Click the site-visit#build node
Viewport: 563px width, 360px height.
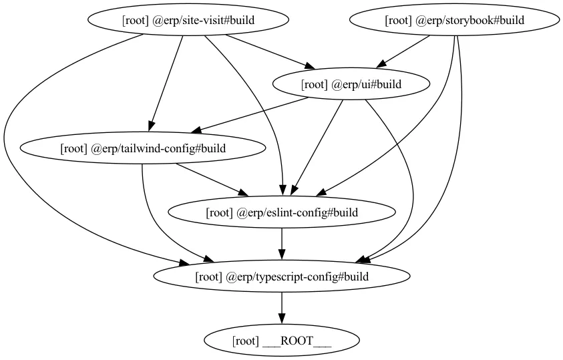coord(188,20)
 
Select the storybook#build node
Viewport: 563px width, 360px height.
coord(454,20)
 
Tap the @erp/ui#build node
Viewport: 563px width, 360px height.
coord(351,84)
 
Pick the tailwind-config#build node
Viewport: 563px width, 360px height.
coord(143,148)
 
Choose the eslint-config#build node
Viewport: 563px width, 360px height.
coord(282,212)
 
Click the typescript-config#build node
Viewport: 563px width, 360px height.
coord(282,277)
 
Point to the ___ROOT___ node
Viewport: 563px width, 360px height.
coord(282,341)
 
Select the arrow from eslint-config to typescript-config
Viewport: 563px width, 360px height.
coord(282,244)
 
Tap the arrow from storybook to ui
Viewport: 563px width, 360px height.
coord(403,51)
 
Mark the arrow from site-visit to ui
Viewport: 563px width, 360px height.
coord(270,51)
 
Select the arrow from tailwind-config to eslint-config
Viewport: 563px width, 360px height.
coord(212,180)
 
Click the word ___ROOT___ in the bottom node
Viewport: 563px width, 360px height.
coord(297,341)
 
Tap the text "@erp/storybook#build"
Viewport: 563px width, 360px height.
coord(470,20)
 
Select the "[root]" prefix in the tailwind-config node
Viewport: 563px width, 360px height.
coord(74,148)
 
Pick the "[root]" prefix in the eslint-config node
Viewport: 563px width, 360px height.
coord(219,212)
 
